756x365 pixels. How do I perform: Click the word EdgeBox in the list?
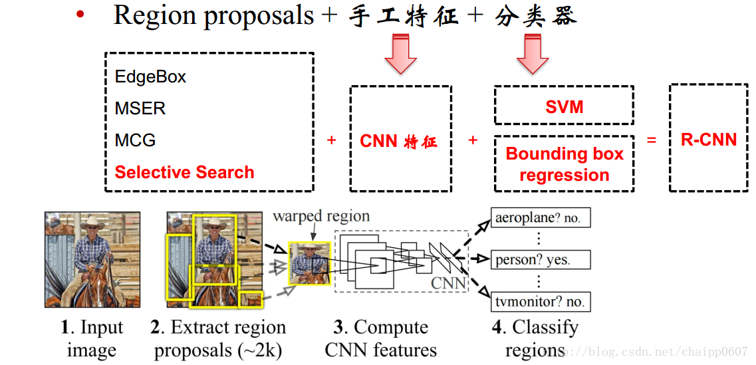(x=150, y=76)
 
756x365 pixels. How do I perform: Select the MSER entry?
(x=140, y=108)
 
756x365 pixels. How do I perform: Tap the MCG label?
(x=135, y=140)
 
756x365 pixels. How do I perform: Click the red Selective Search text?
(x=184, y=172)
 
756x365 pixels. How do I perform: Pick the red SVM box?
(x=564, y=107)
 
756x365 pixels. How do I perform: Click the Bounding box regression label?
(x=564, y=164)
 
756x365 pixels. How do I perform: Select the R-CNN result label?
(x=709, y=140)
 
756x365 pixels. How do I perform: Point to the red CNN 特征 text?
(x=398, y=141)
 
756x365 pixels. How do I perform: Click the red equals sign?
(x=652, y=140)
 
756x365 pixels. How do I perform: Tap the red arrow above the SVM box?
(x=532, y=54)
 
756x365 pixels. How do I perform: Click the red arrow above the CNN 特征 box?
(x=400, y=54)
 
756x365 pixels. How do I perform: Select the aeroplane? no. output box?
(x=540, y=217)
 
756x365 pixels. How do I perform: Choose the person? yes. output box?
(x=540, y=259)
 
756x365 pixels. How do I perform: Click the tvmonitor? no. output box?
(x=540, y=301)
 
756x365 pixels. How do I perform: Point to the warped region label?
(x=321, y=216)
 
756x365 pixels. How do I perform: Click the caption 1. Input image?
(x=92, y=338)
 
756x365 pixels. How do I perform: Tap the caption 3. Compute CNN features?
(x=381, y=338)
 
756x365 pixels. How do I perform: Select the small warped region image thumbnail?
(x=309, y=263)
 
